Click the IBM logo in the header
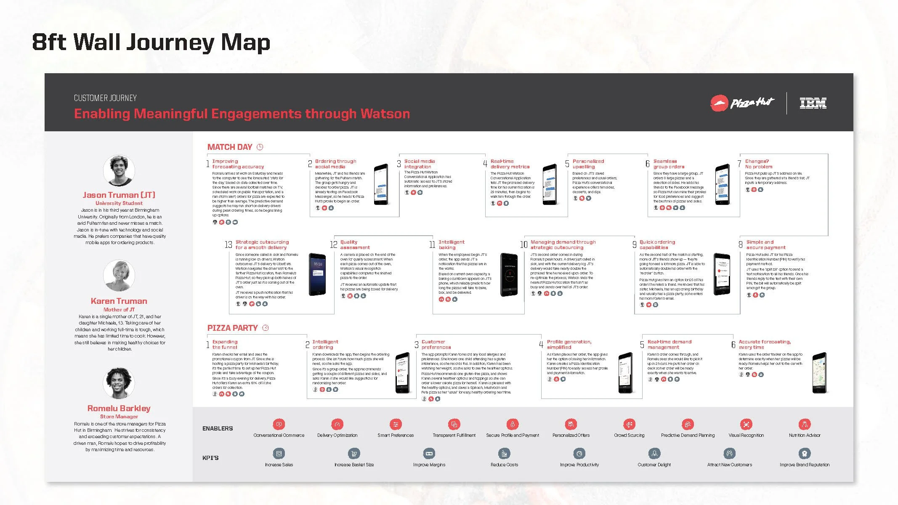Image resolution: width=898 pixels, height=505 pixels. coord(813,103)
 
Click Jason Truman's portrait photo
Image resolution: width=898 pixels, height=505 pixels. coord(119,170)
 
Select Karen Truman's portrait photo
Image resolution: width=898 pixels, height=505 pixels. coord(119,276)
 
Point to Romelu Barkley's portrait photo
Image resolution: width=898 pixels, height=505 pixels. coord(119,383)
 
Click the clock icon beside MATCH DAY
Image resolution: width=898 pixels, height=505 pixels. coord(260,147)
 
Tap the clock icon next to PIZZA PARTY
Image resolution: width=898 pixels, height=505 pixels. coord(266,328)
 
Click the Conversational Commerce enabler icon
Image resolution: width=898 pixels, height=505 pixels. coord(279,424)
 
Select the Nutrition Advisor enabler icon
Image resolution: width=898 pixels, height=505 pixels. coord(804,424)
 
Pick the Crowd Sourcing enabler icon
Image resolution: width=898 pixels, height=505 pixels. coord(629,424)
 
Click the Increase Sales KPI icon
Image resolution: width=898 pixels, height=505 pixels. coord(279,454)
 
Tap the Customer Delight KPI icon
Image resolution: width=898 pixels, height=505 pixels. coord(654,454)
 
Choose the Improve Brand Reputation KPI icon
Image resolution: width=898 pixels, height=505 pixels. coord(804,454)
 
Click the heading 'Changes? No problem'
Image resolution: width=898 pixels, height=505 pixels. coord(758,164)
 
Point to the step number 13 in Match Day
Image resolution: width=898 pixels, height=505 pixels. coord(228,245)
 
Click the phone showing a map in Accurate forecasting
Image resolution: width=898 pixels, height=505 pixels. coord(819,373)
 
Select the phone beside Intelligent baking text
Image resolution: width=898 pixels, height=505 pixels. coord(509,275)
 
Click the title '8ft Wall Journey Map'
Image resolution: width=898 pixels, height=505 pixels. coord(151,42)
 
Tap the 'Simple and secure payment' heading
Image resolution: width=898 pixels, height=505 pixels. coord(765,245)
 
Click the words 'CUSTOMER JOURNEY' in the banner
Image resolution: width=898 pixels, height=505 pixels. coord(105,98)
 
